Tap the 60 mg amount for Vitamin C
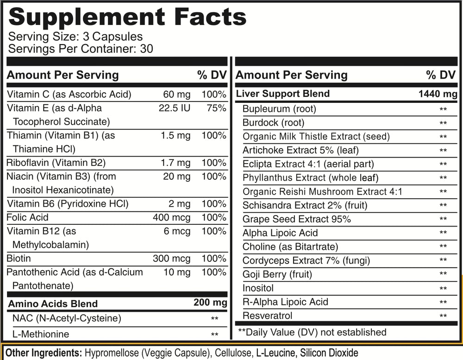click(176, 95)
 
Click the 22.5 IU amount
click(174, 108)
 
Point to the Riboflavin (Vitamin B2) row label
click(56, 163)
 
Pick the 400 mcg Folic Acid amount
click(171, 217)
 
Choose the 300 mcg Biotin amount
click(171, 258)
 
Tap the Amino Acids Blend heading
click(53, 303)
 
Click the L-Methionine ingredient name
click(41, 334)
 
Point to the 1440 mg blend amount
click(438, 94)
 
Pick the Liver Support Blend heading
click(283, 94)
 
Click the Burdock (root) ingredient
click(273, 123)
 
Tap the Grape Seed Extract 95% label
click(296, 219)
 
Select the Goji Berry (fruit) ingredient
click(277, 274)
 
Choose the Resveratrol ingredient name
click(267, 316)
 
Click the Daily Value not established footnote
click(312, 332)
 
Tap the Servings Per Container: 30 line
click(81, 48)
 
